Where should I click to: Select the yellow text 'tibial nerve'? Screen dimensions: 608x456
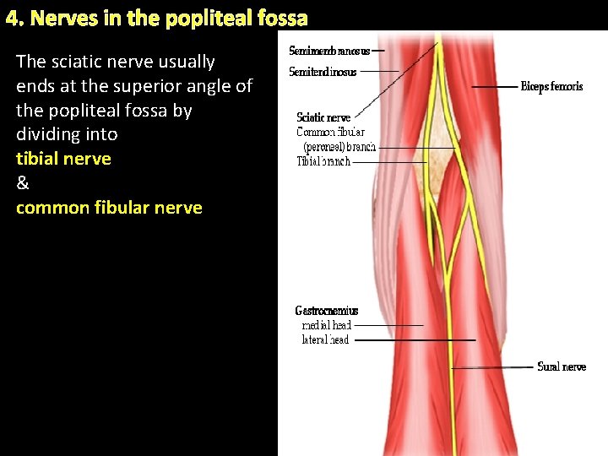63,159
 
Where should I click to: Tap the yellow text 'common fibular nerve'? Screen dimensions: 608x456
109,208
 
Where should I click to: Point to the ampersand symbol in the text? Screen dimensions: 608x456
22,183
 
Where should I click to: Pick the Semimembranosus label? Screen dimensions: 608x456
328,51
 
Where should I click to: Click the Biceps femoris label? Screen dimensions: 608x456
551,87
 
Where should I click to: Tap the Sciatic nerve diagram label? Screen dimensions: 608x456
323,117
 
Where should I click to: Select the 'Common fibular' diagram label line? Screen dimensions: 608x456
330,132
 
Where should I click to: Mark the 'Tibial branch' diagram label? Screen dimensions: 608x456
323,161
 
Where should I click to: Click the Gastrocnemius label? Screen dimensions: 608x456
327,311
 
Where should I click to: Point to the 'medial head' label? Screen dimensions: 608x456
327,325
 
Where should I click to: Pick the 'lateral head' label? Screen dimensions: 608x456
325,339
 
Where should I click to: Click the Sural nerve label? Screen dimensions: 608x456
562,366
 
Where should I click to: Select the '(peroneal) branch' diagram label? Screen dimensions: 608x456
334,146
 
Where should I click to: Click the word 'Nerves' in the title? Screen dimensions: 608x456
57,18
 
